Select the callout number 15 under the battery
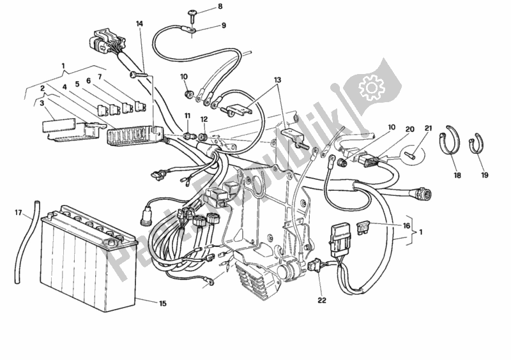[x=163, y=303]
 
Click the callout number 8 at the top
[x=202, y=7]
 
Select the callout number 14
[x=139, y=24]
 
